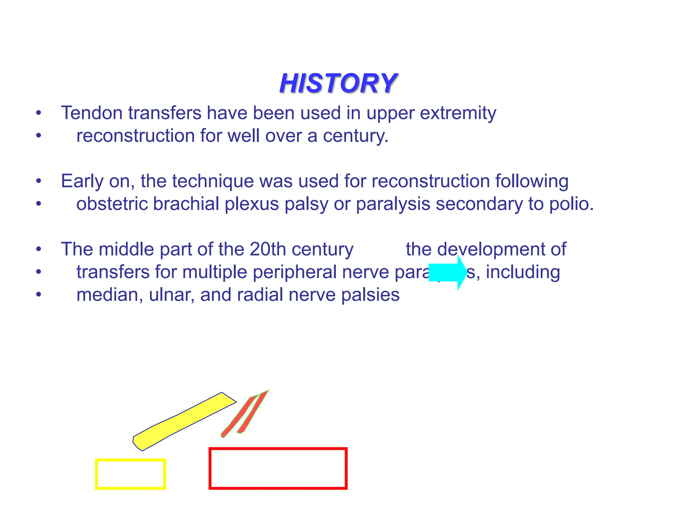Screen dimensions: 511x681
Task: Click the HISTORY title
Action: [x=338, y=83]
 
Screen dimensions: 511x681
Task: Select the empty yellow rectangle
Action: [x=130, y=474]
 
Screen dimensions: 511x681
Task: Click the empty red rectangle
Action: [x=278, y=468]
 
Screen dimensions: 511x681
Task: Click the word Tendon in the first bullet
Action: [x=92, y=113]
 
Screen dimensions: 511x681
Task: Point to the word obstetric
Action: [x=112, y=204]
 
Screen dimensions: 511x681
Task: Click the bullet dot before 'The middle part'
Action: [x=39, y=249]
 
